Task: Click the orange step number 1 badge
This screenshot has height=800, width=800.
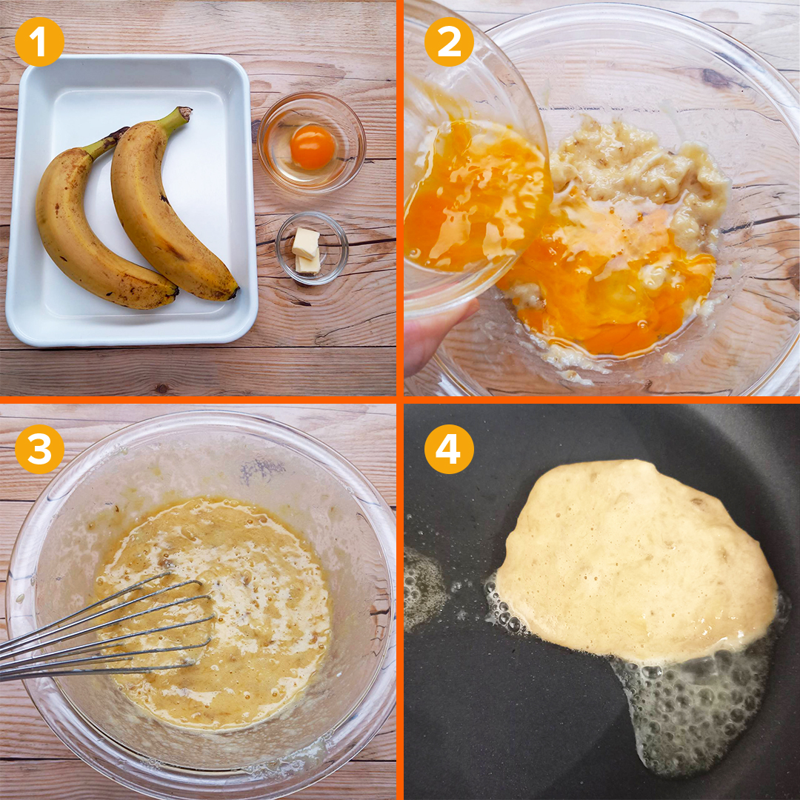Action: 39,41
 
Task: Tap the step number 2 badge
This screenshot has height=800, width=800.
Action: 449,41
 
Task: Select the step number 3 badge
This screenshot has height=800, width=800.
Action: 39,449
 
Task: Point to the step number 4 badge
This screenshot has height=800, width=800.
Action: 449,449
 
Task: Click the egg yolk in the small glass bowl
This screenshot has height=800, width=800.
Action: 313,147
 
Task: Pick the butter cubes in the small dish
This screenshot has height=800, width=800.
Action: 306,251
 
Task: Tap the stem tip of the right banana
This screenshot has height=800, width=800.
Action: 184,113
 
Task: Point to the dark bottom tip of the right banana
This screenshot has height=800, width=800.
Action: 233,292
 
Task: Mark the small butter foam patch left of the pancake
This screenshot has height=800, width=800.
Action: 424,587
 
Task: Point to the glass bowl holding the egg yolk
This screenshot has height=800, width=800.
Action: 311,143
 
